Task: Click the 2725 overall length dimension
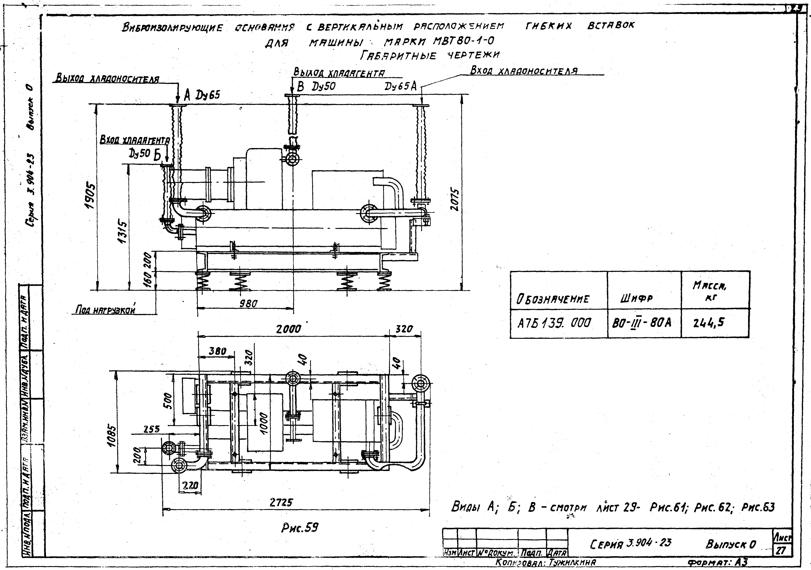(x=281, y=502)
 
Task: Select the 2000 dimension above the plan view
(x=288, y=329)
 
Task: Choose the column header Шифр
(x=636, y=299)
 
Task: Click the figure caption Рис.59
(x=300, y=528)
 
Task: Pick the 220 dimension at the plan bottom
(x=190, y=485)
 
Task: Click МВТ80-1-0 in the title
(x=463, y=41)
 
